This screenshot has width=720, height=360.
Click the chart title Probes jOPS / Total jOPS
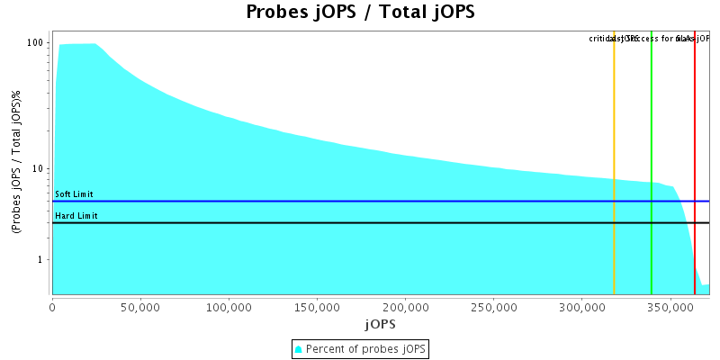[360, 13]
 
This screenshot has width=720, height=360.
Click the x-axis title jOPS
[379, 323]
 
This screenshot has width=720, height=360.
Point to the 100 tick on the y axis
[36, 43]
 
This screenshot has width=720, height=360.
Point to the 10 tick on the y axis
[39, 169]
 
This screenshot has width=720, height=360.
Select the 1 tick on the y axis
[41, 260]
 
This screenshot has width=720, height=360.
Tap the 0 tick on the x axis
[52, 307]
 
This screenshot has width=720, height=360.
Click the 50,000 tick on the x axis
[140, 307]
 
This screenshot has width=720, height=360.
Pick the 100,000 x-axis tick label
[229, 307]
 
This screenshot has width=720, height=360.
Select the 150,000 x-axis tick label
[317, 307]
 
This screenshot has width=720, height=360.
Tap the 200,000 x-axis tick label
[405, 307]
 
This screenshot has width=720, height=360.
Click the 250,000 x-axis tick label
[493, 307]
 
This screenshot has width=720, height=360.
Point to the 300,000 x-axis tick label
[581, 307]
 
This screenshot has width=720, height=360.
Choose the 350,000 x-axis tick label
[670, 307]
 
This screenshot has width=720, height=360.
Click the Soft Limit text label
[74, 194]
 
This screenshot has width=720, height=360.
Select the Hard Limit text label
[76, 216]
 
